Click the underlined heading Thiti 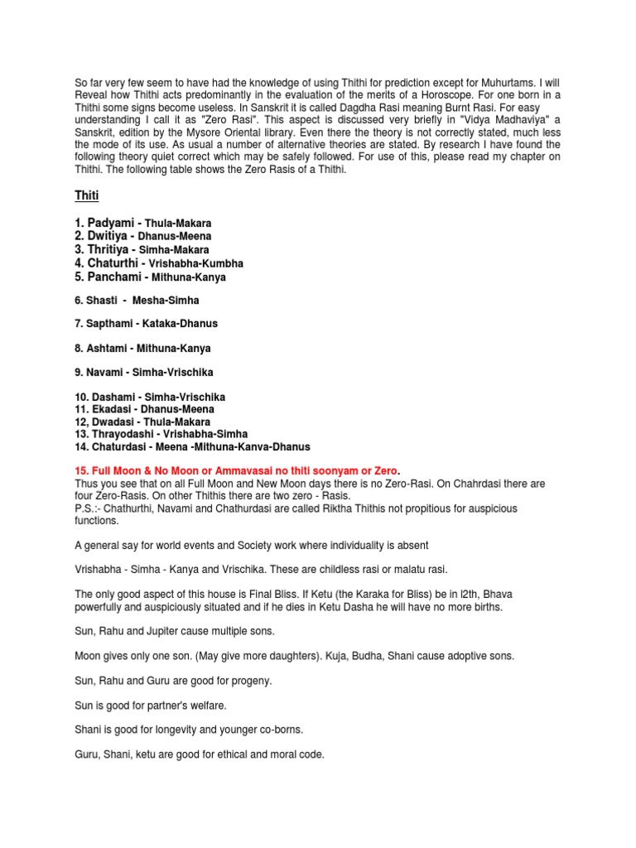86,195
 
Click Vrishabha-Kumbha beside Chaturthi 196,263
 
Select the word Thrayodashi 123,434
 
